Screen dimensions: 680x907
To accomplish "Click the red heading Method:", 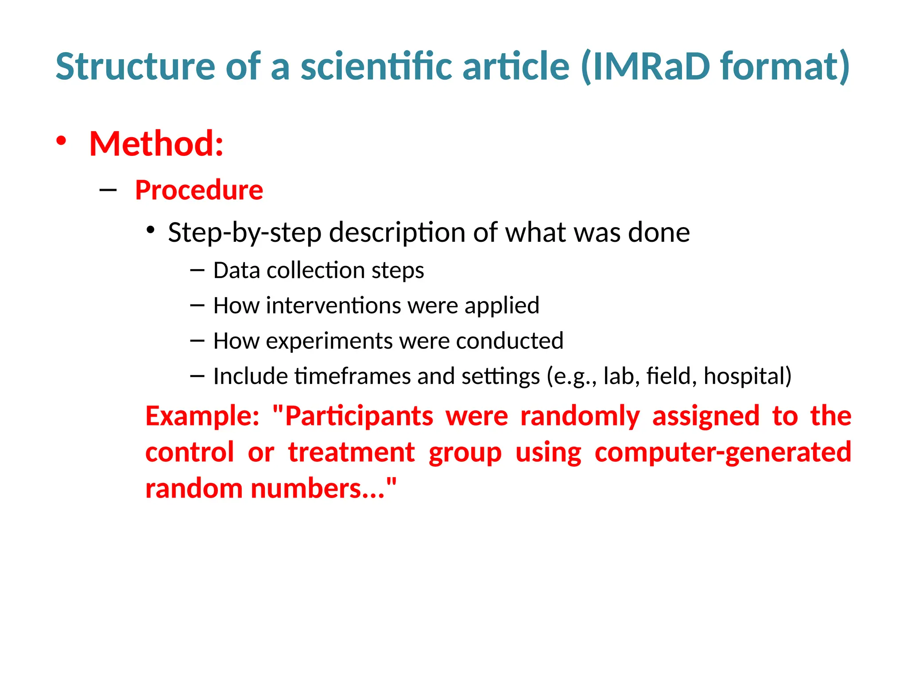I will (156, 144).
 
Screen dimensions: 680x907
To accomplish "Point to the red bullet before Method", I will (61, 141).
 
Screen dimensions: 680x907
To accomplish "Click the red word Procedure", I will (199, 190).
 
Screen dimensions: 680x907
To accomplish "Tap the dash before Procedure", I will (108, 191).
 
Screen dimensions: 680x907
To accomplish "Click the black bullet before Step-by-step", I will (151, 230).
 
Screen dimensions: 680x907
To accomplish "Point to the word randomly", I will (580, 416).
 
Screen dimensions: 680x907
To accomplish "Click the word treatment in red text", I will (351, 452).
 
